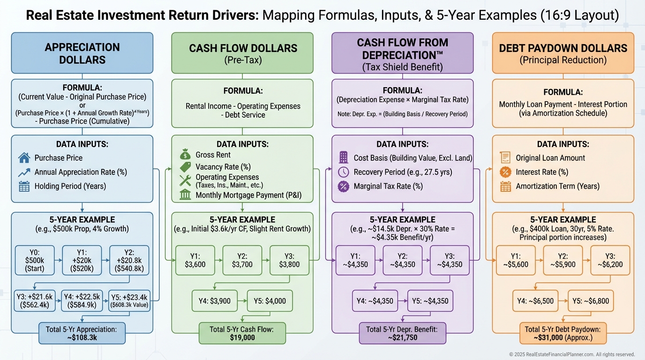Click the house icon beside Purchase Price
(x=24, y=158)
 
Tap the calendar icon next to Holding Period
(x=24, y=186)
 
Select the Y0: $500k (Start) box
(x=35, y=259)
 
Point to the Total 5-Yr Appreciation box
(x=82, y=333)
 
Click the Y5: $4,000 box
(x=269, y=301)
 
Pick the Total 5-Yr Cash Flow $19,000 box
(x=242, y=333)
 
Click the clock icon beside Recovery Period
(x=344, y=172)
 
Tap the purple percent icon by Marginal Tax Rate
(x=344, y=186)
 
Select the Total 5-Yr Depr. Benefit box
(x=403, y=333)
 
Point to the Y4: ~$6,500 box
(x=535, y=301)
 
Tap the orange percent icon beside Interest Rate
(x=505, y=172)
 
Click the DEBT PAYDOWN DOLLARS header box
(x=563, y=53)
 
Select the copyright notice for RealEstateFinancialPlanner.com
(x=572, y=354)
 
